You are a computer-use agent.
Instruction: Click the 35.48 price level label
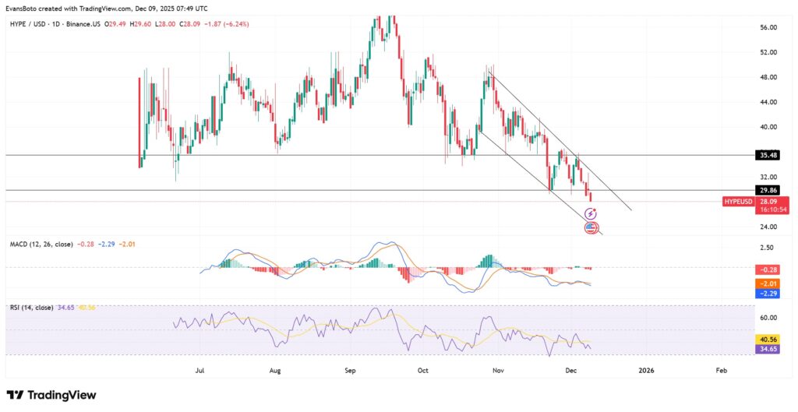pyautogui.click(x=768, y=155)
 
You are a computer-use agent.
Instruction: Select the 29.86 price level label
pyautogui.click(x=768, y=189)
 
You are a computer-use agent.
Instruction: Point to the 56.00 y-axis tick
pyautogui.click(x=768, y=27)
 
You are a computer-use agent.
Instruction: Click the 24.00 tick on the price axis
pyautogui.click(x=768, y=227)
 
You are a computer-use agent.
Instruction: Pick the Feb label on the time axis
pyautogui.click(x=722, y=371)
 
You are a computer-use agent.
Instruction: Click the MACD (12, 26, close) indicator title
pyautogui.click(x=41, y=245)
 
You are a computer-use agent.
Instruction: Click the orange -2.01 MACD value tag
pyautogui.click(x=768, y=283)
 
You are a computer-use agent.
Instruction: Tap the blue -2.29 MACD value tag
pyautogui.click(x=768, y=293)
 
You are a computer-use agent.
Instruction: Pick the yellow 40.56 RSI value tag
pyautogui.click(x=768, y=340)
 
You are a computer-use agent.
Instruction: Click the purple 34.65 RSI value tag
pyautogui.click(x=768, y=350)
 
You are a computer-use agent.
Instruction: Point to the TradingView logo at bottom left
pyautogui.click(x=51, y=395)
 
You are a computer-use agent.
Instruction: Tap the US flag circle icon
pyautogui.click(x=591, y=227)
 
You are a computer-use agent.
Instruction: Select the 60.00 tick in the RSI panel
pyautogui.click(x=768, y=318)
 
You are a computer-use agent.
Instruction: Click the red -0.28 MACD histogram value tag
pyautogui.click(x=768, y=269)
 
